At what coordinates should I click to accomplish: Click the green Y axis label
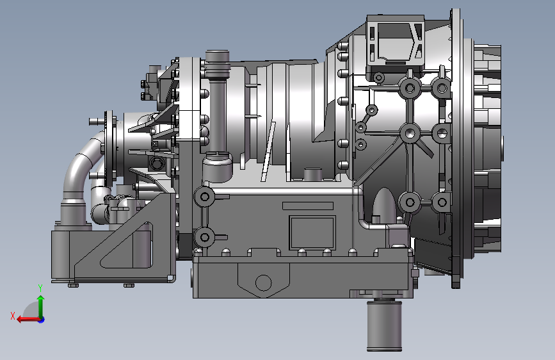point(40,288)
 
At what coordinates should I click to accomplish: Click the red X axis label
point(13,316)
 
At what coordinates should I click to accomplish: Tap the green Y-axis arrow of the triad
point(41,306)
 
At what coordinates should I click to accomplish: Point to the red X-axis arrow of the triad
point(28,320)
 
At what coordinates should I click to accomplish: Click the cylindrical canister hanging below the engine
point(384,325)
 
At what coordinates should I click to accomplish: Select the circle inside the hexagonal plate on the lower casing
point(263,282)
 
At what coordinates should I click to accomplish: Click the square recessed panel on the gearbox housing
point(312,233)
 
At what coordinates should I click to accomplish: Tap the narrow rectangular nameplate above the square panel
point(308,206)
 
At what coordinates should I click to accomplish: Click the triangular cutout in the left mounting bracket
point(128,246)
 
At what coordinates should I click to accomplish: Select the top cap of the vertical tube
point(218,56)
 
